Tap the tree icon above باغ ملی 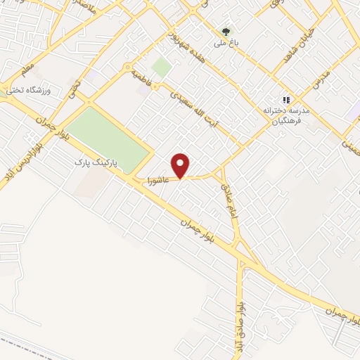point(226,31)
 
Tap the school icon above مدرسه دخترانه point(285,100)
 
